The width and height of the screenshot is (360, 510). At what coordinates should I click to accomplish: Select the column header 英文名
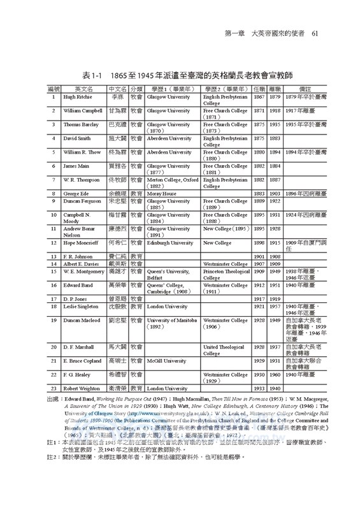[83, 90]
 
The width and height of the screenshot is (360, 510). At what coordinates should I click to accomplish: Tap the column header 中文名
[117, 90]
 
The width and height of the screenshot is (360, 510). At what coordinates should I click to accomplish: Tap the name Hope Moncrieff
[81, 243]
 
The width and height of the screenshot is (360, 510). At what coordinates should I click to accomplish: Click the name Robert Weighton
[81, 388]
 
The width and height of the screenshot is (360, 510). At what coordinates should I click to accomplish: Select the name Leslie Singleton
[81, 307]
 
